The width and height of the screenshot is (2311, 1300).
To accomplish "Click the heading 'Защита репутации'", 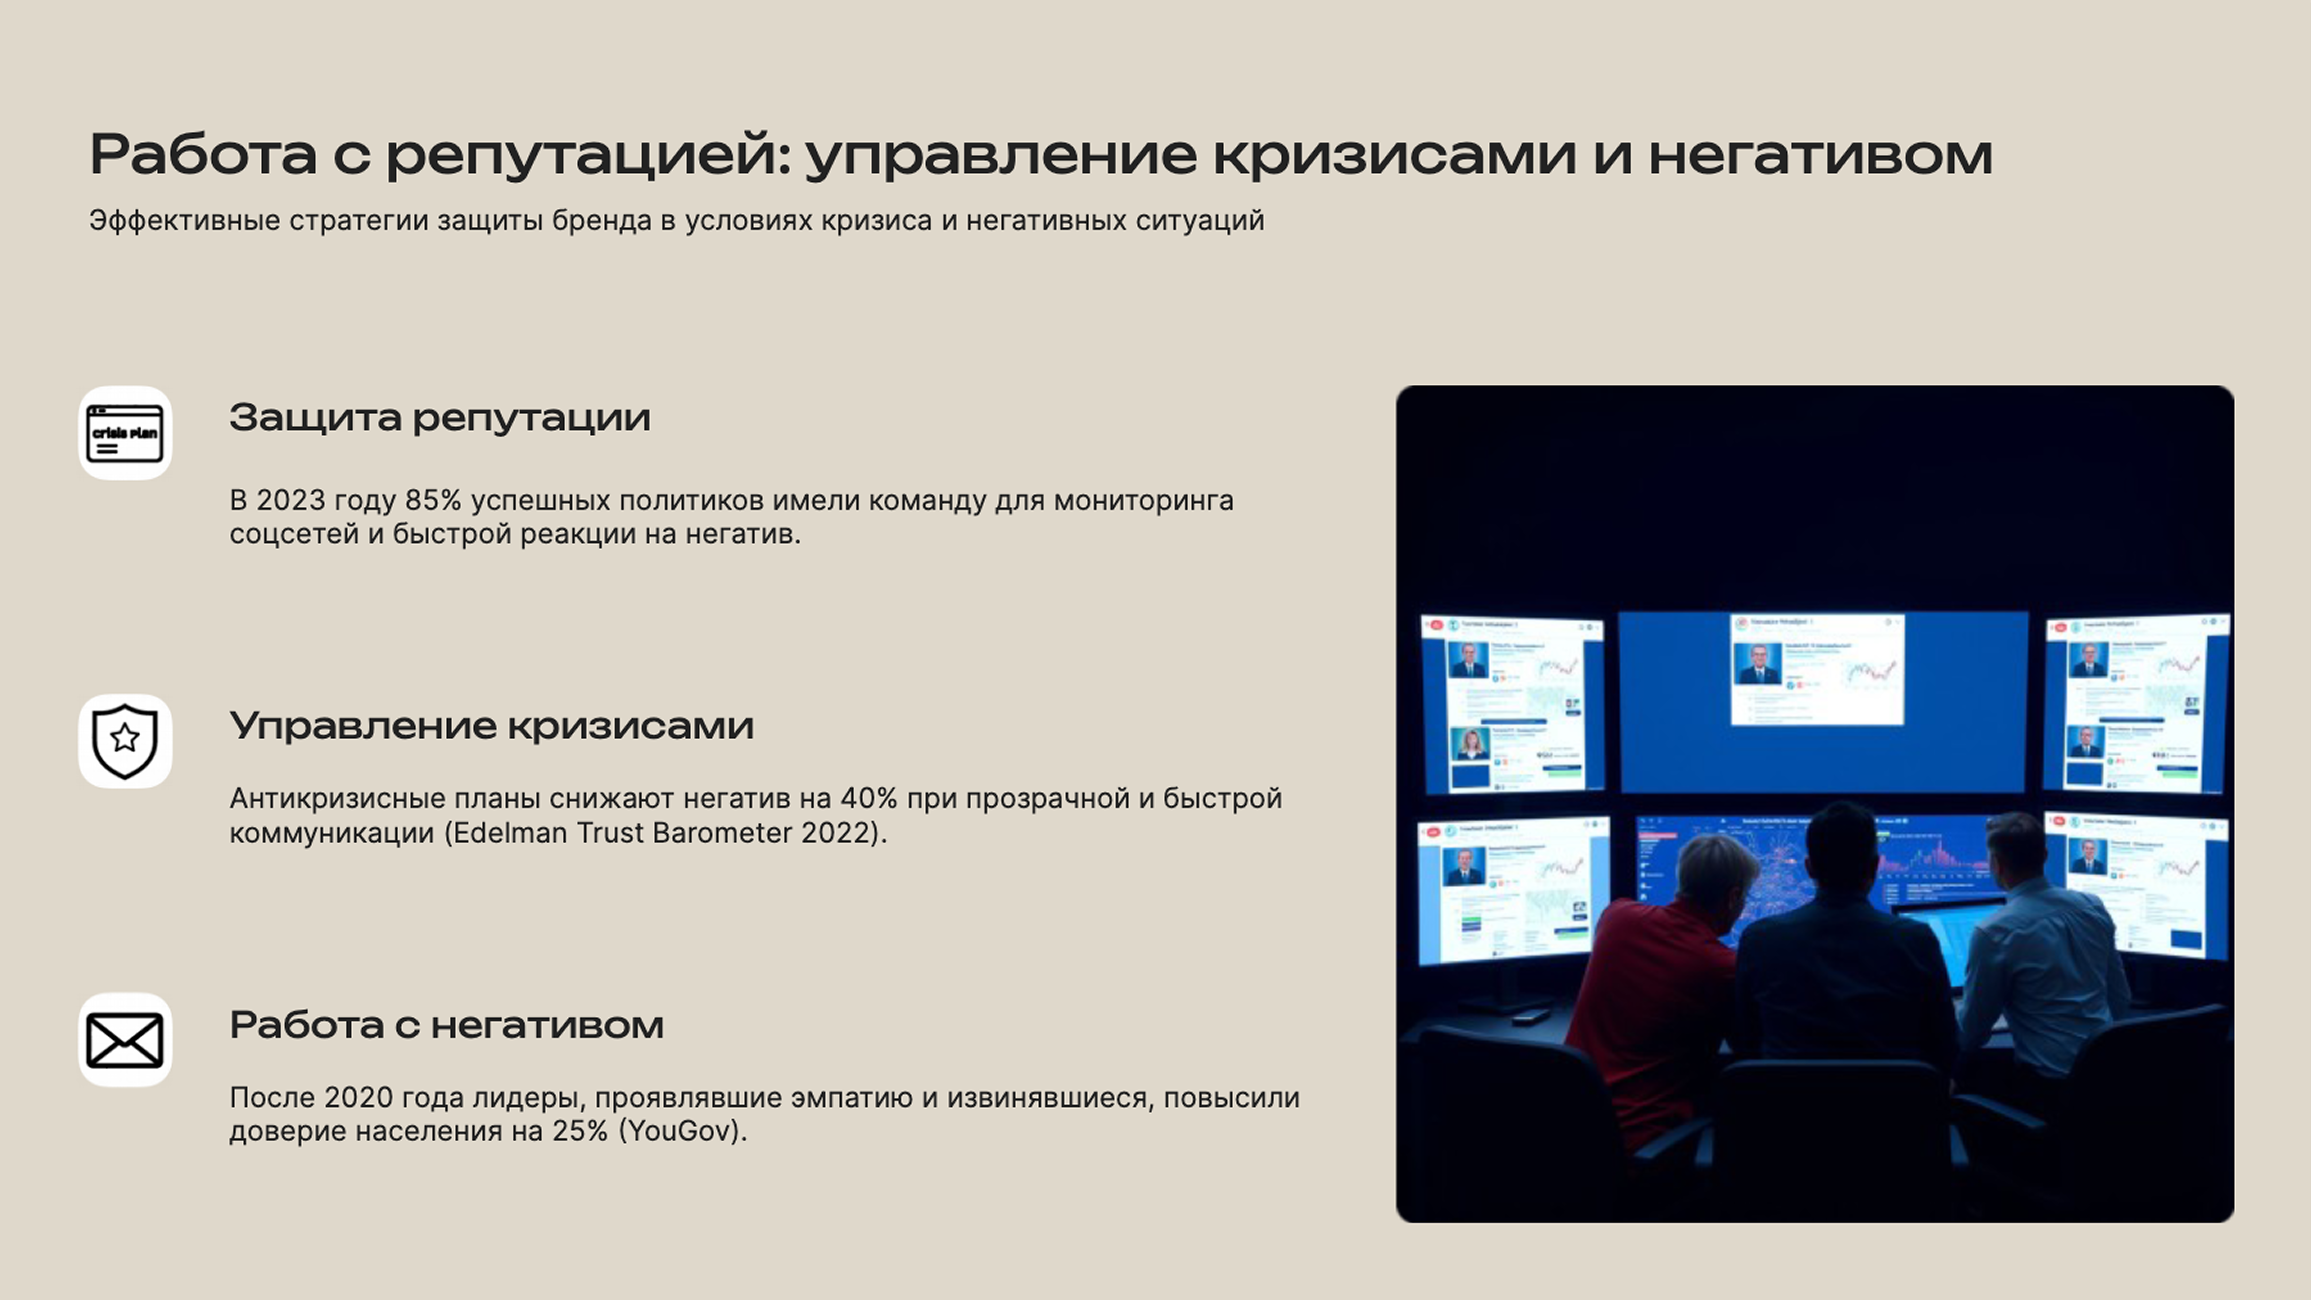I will pyautogui.click(x=440, y=418).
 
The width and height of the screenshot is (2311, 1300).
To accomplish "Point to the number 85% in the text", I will pyautogui.click(x=432, y=501).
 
